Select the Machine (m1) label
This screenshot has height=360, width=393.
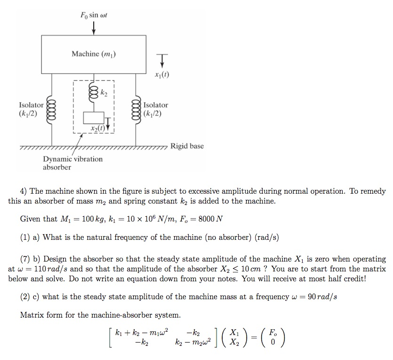(x=94, y=54)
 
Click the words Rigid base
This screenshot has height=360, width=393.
(x=187, y=146)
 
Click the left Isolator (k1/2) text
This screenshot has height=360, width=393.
(x=31, y=109)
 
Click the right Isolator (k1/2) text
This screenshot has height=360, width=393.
(x=156, y=109)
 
